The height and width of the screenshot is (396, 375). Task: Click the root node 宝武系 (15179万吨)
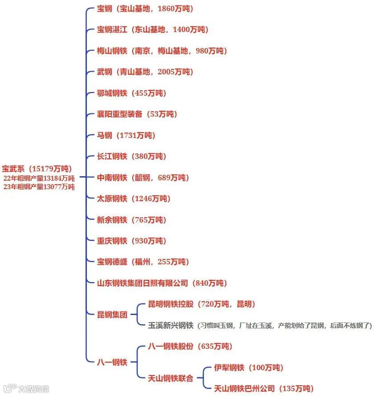click(x=37, y=169)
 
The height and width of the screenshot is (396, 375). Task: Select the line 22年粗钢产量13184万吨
click(x=39, y=178)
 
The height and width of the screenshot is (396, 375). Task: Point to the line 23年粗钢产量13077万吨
click(x=39, y=187)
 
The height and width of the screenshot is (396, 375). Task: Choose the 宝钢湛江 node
click(x=152, y=30)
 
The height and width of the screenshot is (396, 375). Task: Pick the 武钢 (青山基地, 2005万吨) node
click(x=145, y=72)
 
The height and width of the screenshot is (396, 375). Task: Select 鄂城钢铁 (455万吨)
click(x=131, y=93)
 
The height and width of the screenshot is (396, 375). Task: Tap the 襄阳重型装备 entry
click(x=137, y=114)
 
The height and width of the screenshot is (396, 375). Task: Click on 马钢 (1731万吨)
click(x=126, y=135)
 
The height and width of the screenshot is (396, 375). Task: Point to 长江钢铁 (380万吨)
click(x=131, y=156)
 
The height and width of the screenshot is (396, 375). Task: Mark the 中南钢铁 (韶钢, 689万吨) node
click(x=143, y=178)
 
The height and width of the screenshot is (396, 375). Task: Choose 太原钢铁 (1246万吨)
click(x=134, y=198)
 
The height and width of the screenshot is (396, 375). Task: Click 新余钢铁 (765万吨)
click(x=131, y=220)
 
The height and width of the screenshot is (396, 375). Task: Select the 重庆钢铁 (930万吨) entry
click(x=131, y=241)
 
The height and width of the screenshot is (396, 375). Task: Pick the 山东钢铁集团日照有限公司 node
click(x=162, y=283)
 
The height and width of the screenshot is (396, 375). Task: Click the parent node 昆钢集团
click(x=112, y=315)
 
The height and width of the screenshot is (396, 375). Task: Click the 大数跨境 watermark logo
click(x=27, y=388)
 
